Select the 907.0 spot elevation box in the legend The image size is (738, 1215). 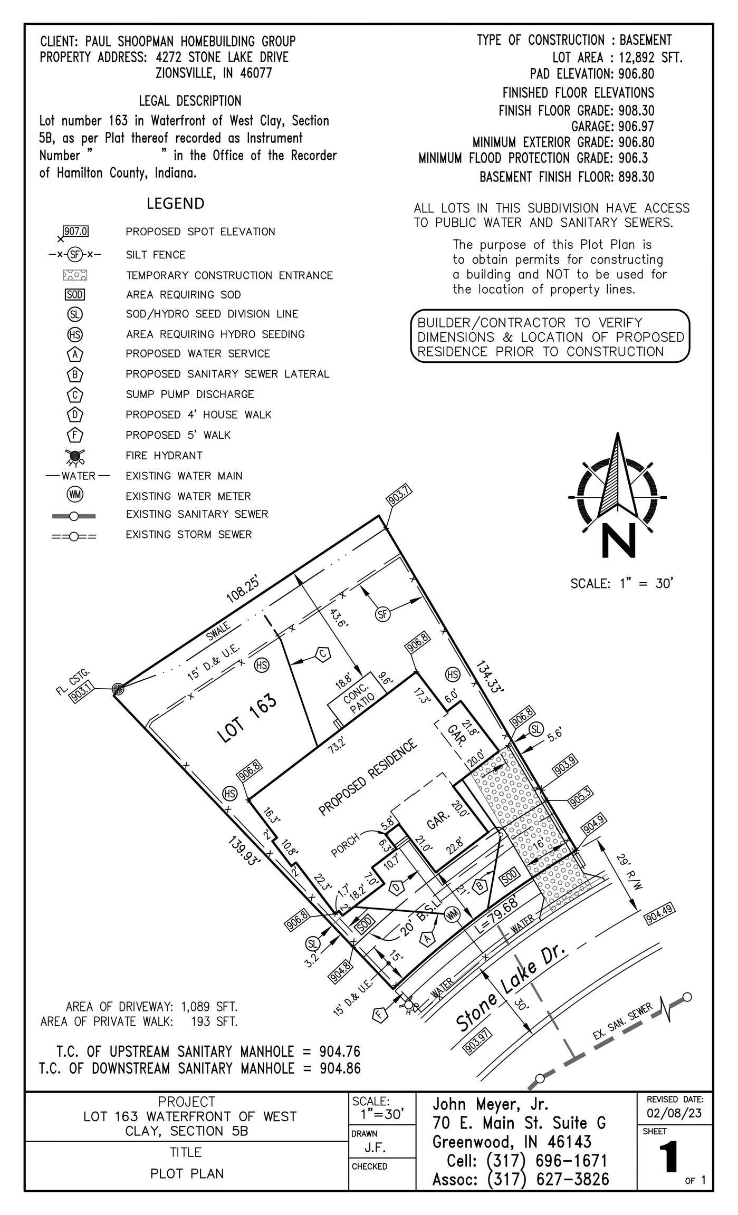click(x=75, y=232)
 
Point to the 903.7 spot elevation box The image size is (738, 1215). click(x=400, y=497)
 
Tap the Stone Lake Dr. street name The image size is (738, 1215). click(x=511, y=986)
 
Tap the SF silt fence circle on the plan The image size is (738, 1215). click(x=383, y=613)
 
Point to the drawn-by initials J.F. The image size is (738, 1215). click(x=375, y=1148)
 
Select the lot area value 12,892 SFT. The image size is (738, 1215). click(x=650, y=57)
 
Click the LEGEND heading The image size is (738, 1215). click(x=176, y=204)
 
